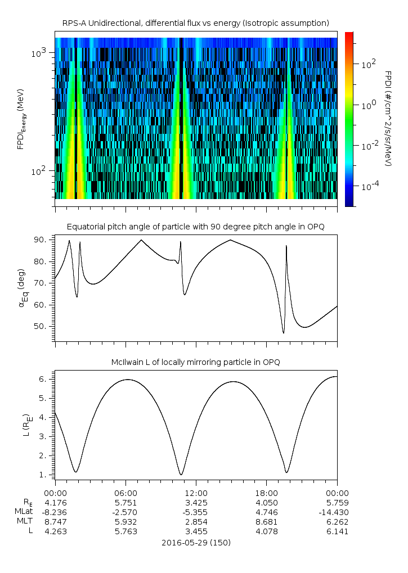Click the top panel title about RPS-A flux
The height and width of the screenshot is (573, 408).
pos(195,22)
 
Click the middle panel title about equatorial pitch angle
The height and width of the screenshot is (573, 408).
pos(195,227)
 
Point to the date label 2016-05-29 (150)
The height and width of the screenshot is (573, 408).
pos(195,543)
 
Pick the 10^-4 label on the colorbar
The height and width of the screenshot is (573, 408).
pos(369,186)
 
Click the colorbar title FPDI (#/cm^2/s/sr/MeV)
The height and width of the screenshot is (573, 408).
pos(388,118)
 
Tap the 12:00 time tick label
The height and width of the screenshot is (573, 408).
pos(196,491)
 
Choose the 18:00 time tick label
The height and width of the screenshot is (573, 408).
pos(266,491)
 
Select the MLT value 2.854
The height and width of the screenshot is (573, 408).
pos(196,521)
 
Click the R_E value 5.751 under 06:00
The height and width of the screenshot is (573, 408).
pos(125,502)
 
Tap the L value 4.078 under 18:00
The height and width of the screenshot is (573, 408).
pos(266,531)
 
